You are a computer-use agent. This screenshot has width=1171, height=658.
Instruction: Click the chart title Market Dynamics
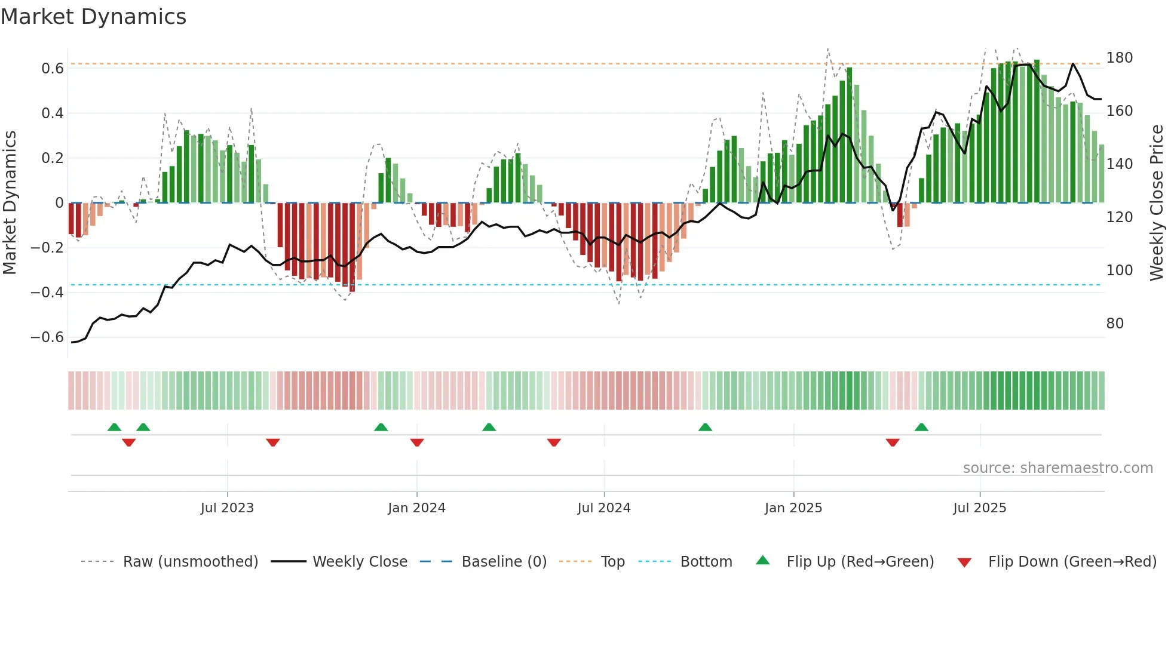[94, 17]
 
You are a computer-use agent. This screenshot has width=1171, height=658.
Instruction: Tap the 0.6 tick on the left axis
[53, 69]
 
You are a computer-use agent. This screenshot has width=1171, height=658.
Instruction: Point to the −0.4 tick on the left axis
[47, 293]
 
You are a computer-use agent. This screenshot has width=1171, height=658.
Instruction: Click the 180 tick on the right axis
[1119, 58]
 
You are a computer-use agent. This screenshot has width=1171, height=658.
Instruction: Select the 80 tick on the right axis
[1115, 324]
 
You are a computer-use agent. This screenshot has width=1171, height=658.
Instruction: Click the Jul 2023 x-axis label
[227, 508]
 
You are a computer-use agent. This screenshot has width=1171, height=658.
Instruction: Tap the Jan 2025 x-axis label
[793, 508]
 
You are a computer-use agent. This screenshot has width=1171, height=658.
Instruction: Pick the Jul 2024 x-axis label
[603, 508]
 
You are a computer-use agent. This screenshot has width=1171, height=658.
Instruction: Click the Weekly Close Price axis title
[1157, 203]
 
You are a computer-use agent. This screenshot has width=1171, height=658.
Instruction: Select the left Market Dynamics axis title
[10, 203]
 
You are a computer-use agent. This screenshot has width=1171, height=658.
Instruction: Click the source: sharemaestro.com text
[1057, 468]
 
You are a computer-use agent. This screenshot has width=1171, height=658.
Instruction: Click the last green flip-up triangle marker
[921, 427]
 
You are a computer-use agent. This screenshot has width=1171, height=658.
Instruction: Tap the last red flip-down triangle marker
[893, 442]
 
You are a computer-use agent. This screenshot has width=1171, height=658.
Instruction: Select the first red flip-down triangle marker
[128, 442]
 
